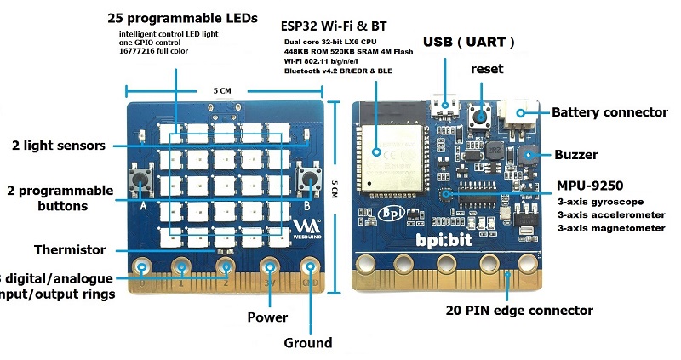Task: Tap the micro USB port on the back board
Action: coord(443,107)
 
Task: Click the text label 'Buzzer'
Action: coord(576,155)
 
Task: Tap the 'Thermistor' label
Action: coord(70,249)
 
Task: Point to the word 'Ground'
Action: coord(307,343)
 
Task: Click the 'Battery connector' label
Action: coord(609,112)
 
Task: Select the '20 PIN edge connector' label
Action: coord(518,310)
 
